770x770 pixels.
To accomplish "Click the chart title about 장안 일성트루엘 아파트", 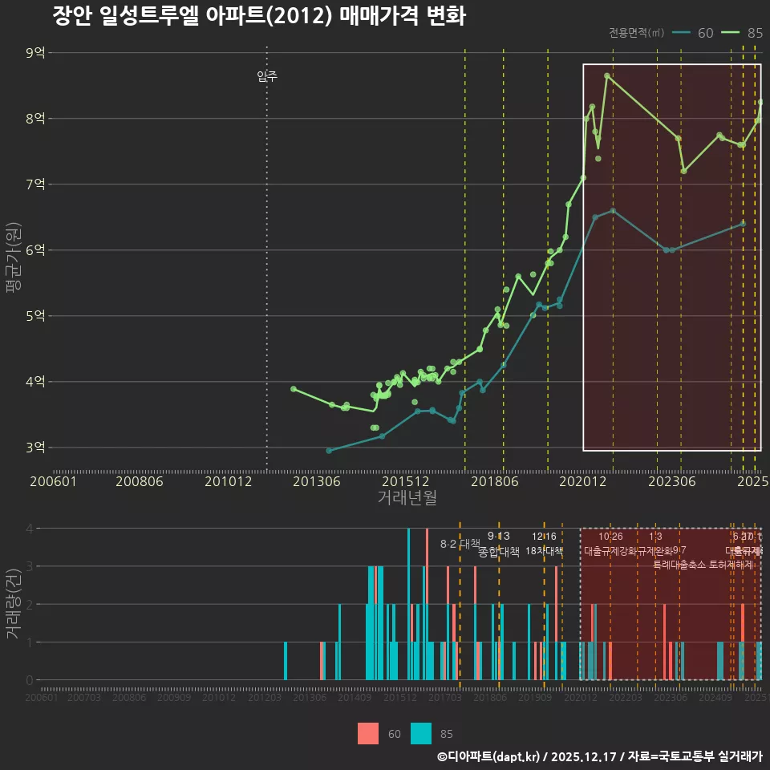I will pos(259,17).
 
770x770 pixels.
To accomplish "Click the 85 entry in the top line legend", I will pos(755,33).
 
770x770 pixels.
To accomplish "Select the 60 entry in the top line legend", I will pos(705,33).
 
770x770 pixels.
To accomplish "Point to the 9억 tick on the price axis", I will pos(36,53).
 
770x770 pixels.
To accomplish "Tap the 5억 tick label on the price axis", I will pos(36,316).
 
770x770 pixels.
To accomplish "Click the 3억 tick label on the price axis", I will pos(36,448).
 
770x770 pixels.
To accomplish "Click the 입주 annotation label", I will pos(267,77).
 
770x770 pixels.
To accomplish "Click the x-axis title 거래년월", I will pos(407,497).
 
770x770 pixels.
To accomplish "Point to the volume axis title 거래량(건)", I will pos(13,603).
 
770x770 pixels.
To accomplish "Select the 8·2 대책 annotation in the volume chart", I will pos(460,544).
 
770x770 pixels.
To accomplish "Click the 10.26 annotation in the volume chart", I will pos(610,537).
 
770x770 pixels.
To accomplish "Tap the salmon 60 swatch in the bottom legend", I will pos(368,733).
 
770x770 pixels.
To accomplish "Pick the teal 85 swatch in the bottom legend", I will pos(421,733).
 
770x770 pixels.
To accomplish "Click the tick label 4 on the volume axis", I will pos(29,529).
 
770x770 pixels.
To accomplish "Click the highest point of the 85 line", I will pos(607,76).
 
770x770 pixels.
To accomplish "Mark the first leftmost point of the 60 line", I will pos(329,451).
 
